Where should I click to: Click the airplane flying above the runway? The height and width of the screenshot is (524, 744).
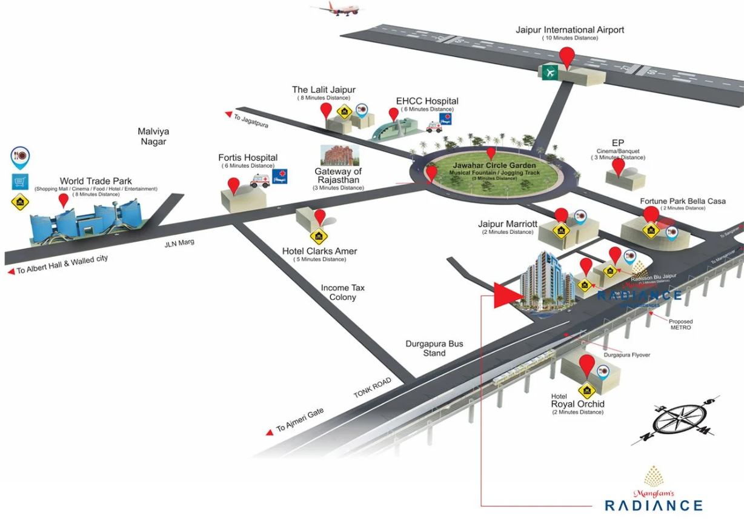tap(336, 9)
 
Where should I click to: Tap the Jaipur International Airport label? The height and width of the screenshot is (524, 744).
tap(570, 30)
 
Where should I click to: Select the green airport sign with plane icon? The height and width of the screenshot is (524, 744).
tap(550, 72)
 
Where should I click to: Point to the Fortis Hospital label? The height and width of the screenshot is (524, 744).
tap(248, 158)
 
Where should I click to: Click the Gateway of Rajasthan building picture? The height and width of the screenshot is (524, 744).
tap(339, 155)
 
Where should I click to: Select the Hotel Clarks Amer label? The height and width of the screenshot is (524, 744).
tap(319, 251)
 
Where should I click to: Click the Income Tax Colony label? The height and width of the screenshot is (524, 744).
tap(343, 293)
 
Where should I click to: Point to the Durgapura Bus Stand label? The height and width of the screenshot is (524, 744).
tap(434, 348)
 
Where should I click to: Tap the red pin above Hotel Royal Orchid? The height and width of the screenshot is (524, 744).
tap(586, 365)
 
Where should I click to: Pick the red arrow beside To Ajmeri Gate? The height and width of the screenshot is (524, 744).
tap(270, 432)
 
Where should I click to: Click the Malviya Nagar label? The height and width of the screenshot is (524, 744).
tap(153, 136)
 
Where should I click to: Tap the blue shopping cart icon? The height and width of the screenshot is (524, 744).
tap(20, 181)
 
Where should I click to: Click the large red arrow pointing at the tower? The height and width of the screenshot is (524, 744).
tap(507, 296)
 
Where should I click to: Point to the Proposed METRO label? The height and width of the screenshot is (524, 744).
tap(680, 325)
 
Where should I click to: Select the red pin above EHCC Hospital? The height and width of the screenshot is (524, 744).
tap(394, 114)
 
